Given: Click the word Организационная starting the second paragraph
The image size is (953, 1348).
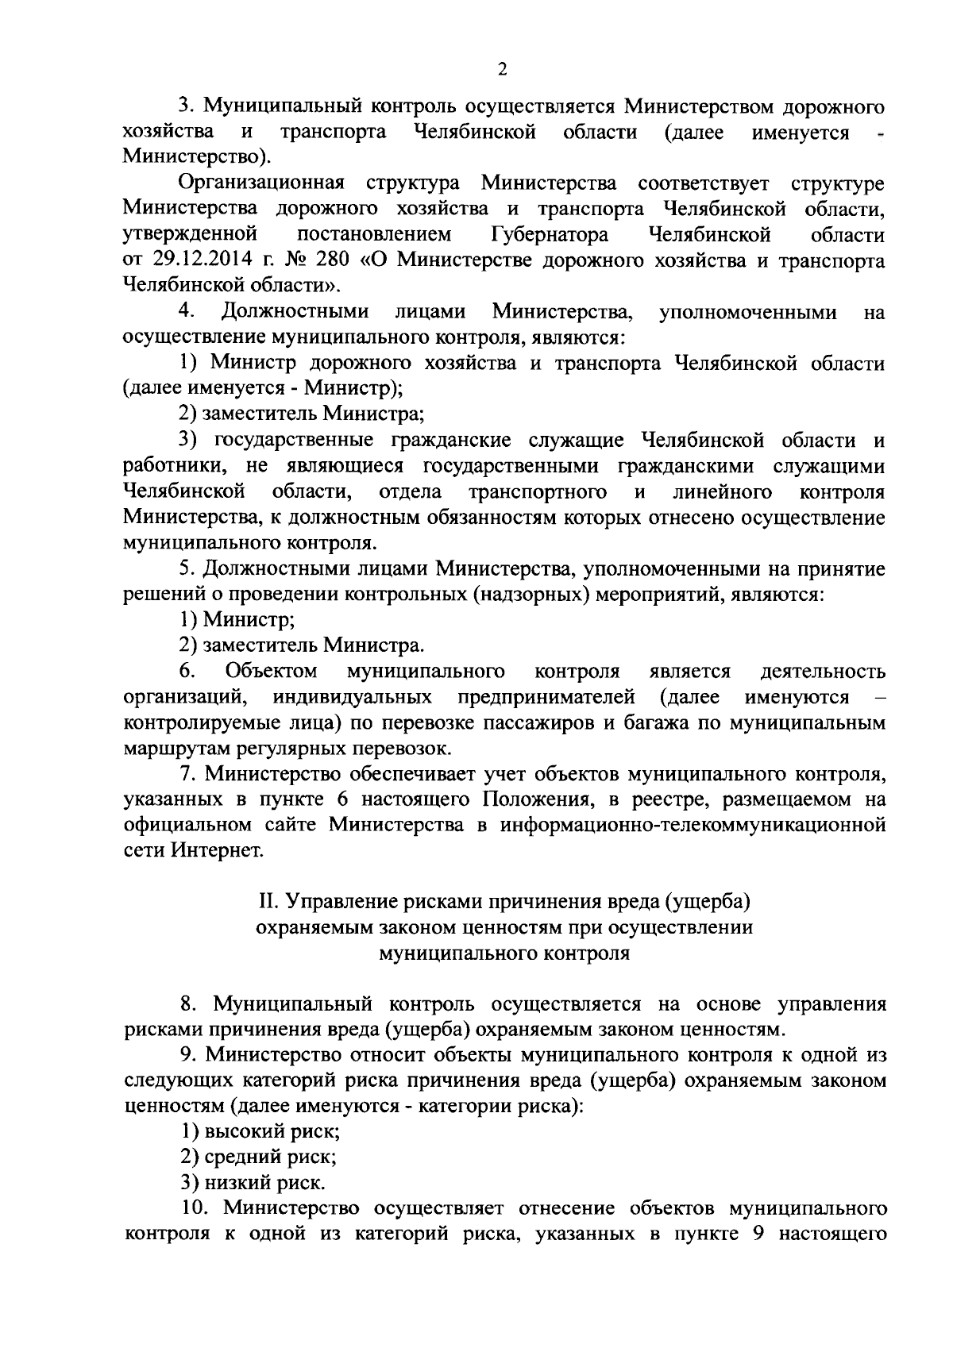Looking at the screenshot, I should click(x=261, y=183).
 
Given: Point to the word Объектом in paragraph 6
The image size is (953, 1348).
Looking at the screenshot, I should click(x=272, y=672).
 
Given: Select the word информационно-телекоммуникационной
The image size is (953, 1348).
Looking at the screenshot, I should click(x=693, y=824).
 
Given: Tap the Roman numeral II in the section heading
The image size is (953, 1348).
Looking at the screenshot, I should click(x=268, y=902).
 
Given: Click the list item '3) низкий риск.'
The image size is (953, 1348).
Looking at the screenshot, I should click(x=252, y=1182).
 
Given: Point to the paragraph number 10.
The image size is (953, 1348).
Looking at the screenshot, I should click(x=194, y=1208).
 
